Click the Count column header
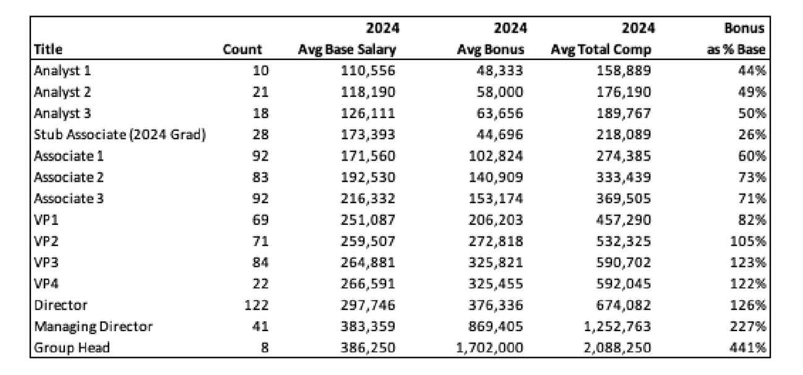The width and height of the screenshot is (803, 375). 242,49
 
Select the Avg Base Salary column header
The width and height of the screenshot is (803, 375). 347,50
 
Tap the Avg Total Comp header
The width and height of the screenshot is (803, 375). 601,50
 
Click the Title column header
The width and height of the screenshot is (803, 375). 48,49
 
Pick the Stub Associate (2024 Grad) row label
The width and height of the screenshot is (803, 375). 120,135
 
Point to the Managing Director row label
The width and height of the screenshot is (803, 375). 93,327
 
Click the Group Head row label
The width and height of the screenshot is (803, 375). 72,348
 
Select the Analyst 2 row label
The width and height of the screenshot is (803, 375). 62,92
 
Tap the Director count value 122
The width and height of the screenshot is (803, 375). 256,305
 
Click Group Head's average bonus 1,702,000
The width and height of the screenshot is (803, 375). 489,348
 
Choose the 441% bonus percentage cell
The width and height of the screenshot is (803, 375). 748,348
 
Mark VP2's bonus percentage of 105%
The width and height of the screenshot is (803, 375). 748,242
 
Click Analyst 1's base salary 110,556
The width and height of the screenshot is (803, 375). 368,70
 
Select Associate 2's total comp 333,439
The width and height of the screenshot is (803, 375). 623,177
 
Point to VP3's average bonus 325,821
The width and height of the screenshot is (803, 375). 496,263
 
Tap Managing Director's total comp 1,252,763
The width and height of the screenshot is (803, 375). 617,327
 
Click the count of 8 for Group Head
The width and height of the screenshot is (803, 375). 264,348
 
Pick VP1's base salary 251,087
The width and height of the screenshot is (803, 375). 368,220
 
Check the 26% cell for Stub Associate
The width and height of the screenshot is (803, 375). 752,135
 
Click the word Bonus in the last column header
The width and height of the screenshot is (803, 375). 744,28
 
